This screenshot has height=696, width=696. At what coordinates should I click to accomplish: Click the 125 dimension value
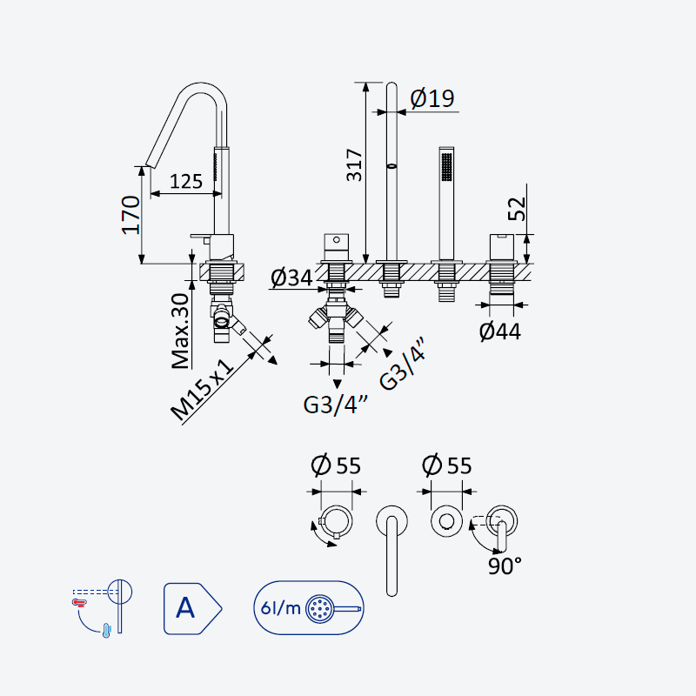coord(186,181)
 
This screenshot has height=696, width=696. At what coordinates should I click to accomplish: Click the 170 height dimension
coord(131,215)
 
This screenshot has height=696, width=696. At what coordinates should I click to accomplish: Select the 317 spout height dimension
coord(354,165)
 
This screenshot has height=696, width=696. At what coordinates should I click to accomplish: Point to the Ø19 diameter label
coord(432,98)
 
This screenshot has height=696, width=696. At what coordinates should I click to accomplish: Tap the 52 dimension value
coord(517,209)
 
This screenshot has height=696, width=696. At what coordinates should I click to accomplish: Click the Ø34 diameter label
coord(291,278)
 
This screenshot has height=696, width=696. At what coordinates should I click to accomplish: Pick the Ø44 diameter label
coord(500,331)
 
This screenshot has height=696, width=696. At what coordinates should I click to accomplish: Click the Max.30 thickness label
coord(181,331)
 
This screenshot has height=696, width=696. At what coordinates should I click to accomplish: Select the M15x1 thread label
coord(202,390)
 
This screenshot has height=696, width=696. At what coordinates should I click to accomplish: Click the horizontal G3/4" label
coord(336,405)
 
